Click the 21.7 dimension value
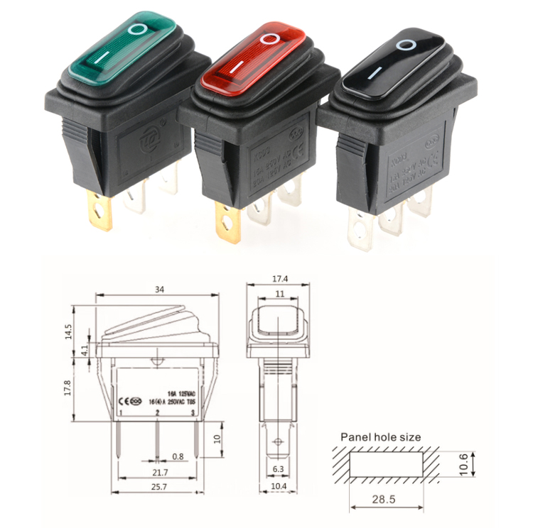[x=160, y=472]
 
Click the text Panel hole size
[x=380, y=437]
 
